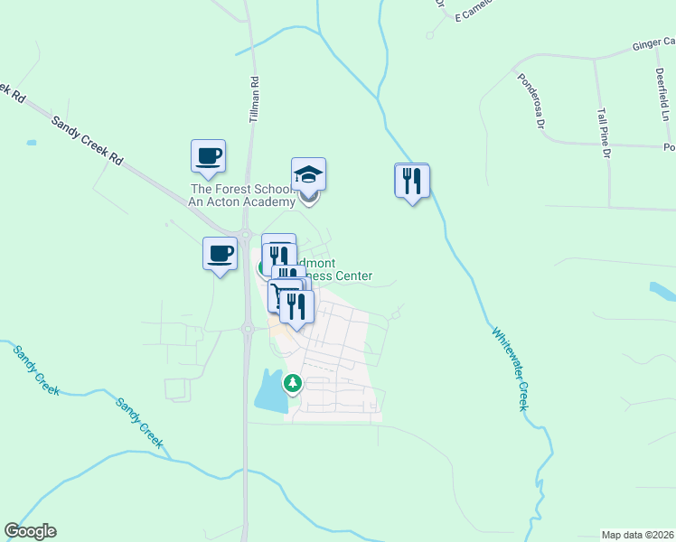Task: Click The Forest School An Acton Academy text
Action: pos(241,195)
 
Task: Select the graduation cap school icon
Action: pos(308,174)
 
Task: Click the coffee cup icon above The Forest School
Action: pos(208,155)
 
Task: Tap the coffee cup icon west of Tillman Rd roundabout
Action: pos(220,252)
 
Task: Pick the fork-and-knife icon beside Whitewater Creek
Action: pos(412,180)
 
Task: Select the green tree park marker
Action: pos(293,383)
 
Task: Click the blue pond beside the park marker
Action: pos(269,390)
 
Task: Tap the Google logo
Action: pos(30,531)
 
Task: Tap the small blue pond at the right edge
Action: pos(662,291)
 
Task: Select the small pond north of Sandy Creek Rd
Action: pos(33,143)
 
